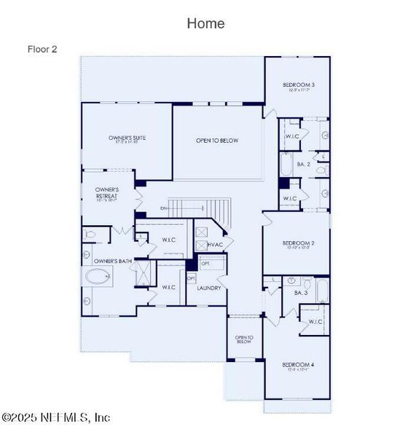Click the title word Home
click(205, 23)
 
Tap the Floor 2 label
click(42, 50)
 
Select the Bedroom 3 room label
click(299, 86)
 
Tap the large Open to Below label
click(217, 141)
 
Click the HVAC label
click(215, 245)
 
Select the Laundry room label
click(209, 288)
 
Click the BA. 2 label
click(291, 165)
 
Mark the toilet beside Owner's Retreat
click(90, 235)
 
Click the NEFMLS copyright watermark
click(56, 417)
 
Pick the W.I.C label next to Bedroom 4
click(315, 321)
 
